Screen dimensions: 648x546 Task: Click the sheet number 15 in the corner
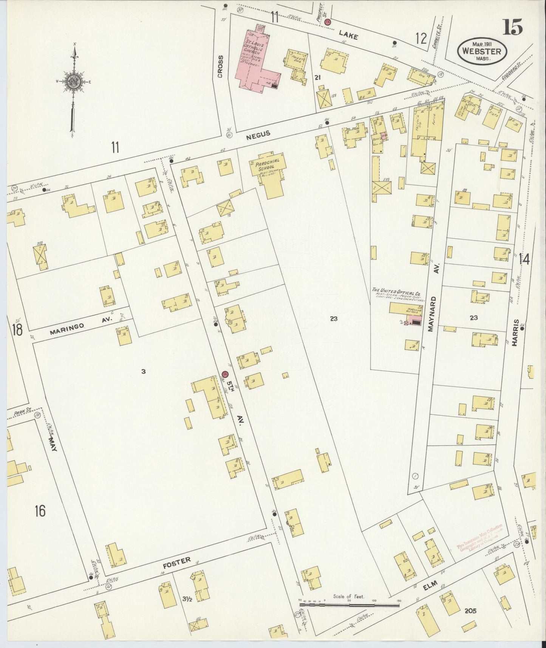click(x=513, y=27)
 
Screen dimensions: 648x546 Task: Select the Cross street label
click(x=220, y=66)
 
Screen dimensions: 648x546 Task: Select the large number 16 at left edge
click(x=40, y=511)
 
